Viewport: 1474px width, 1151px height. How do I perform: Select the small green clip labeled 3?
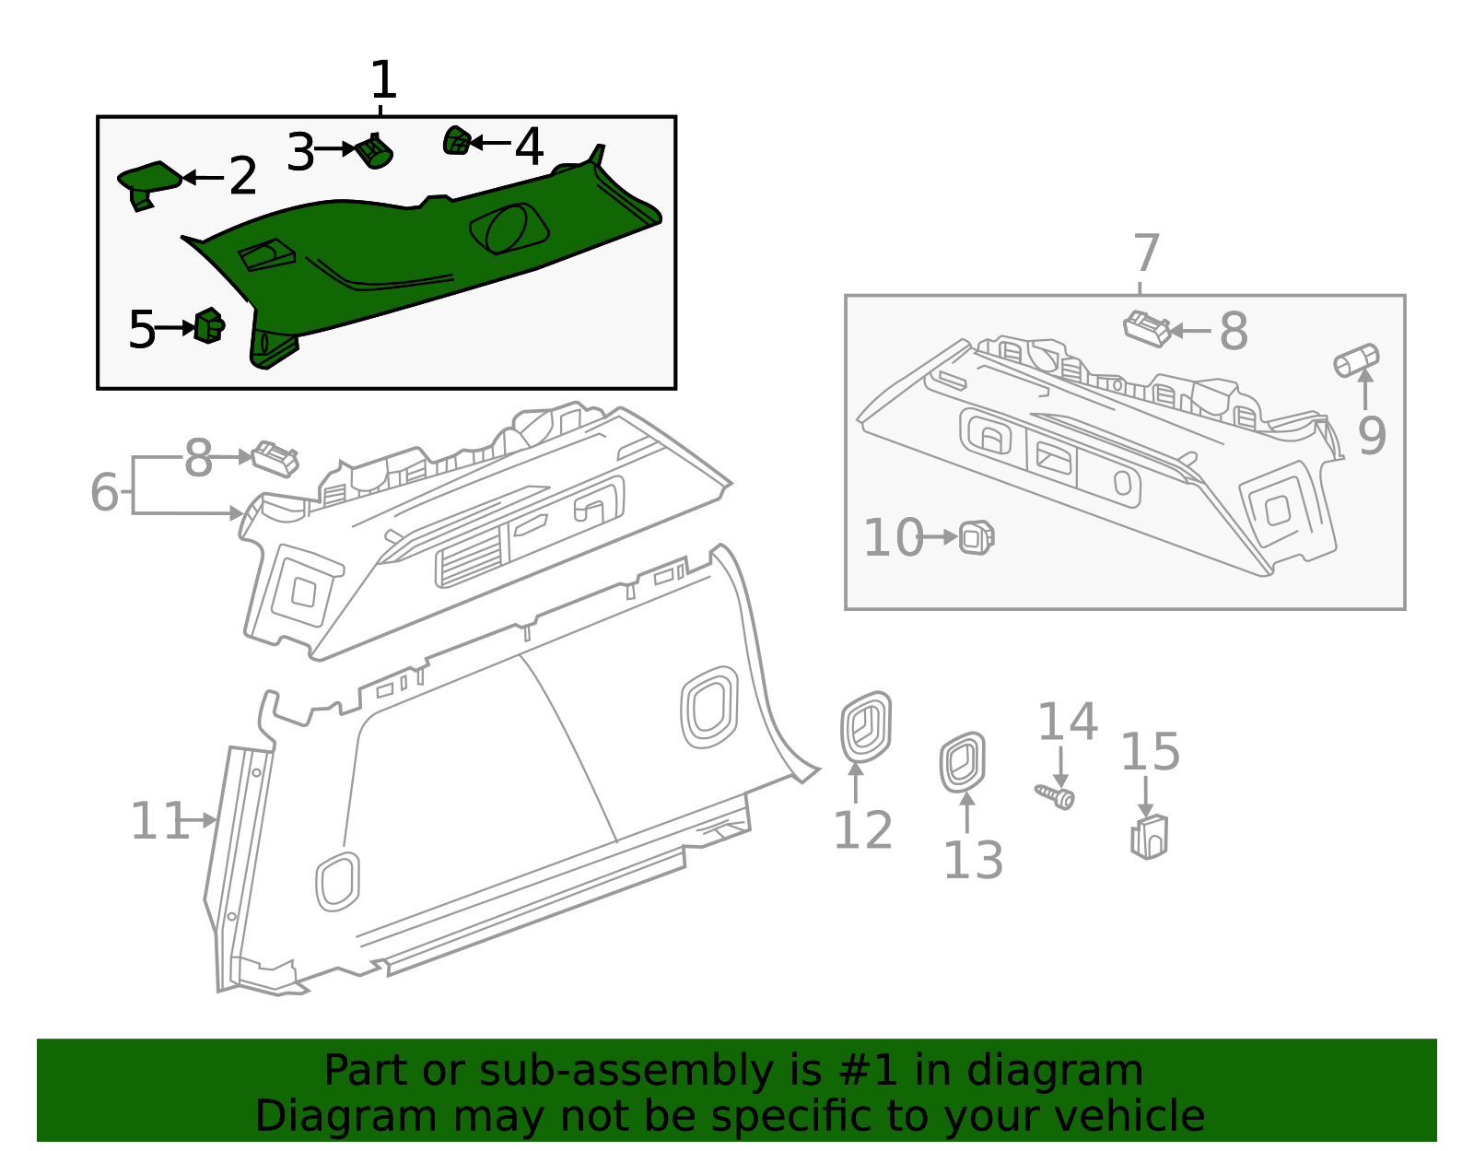[375, 151]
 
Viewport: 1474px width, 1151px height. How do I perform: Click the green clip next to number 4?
[456, 141]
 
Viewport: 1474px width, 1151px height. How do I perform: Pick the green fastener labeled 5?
[209, 325]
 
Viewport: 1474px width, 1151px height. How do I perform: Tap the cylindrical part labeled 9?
[1356, 359]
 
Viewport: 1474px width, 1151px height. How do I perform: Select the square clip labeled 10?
[977, 536]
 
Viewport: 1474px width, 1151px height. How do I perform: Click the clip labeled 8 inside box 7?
[1147, 327]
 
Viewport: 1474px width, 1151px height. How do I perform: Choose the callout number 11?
[159, 820]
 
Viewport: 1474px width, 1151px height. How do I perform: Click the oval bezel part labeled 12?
[865, 727]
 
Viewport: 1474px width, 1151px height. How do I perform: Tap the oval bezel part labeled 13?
[963, 762]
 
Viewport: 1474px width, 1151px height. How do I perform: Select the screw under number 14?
[1056, 794]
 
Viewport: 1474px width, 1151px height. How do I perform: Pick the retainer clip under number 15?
[1149, 836]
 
